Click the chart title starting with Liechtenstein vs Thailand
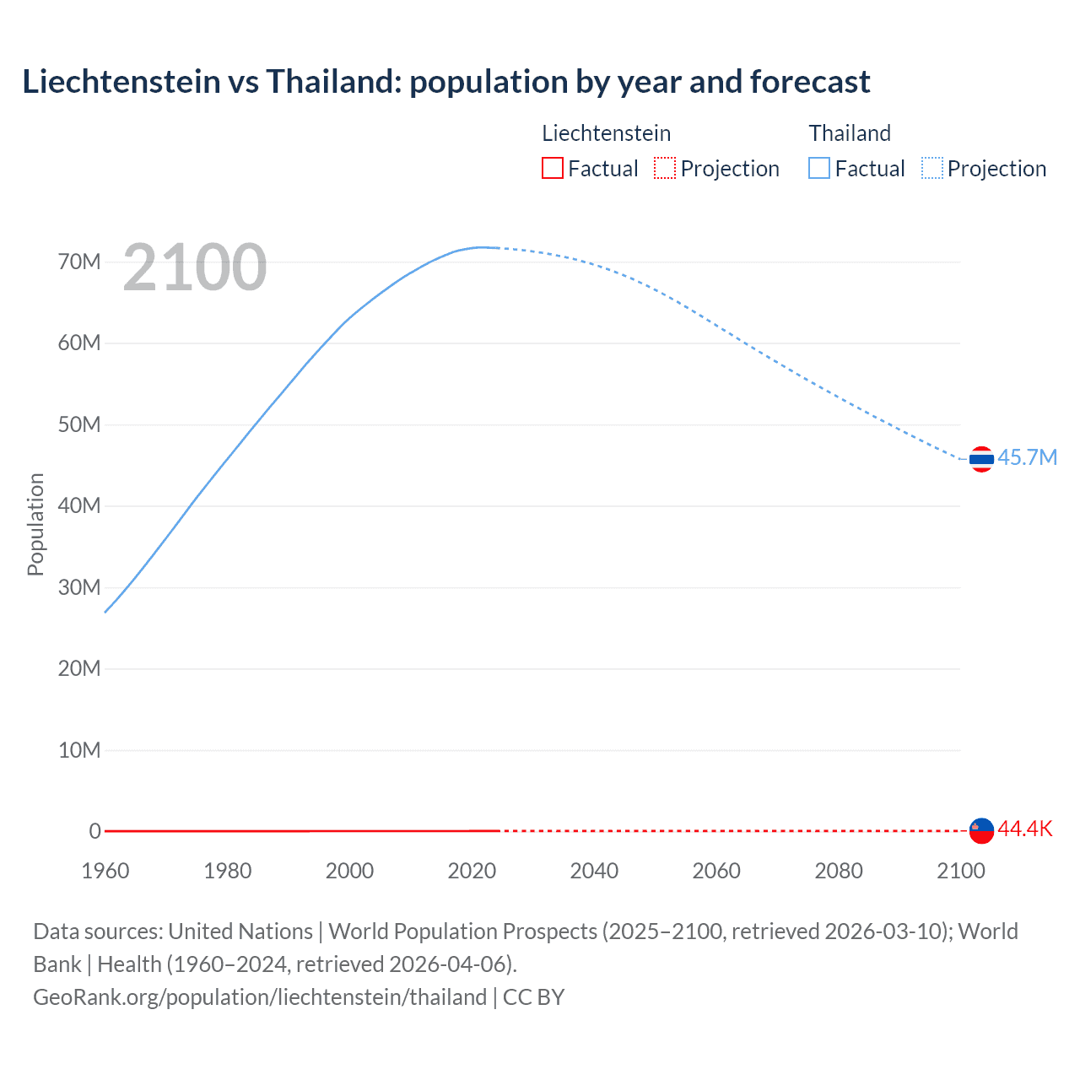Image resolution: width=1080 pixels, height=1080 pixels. click(445, 82)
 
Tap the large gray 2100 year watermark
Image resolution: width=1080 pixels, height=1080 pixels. click(195, 267)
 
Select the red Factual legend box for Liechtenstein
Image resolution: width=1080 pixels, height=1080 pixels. click(553, 168)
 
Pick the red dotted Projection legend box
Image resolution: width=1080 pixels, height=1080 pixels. click(665, 168)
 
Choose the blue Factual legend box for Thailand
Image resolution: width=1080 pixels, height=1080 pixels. click(819, 168)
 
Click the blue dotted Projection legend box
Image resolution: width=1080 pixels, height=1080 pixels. click(932, 168)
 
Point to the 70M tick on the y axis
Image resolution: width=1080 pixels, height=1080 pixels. click(79, 262)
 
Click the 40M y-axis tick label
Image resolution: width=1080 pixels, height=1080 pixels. click(79, 505)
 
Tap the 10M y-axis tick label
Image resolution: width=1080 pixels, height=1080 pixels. click(79, 750)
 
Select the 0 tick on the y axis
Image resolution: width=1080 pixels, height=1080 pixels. click(94, 831)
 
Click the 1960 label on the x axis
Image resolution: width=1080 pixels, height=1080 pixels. click(105, 871)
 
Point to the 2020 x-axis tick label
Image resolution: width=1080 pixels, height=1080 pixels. click(472, 871)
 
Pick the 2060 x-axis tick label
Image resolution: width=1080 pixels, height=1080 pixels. click(716, 871)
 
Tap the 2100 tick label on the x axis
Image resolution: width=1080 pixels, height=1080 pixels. click(960, 871)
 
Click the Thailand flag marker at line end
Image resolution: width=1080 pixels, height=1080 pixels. click(981, 459)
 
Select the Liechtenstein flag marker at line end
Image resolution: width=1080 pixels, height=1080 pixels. click(981, 830)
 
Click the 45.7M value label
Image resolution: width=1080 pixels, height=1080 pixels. click(1027, 457)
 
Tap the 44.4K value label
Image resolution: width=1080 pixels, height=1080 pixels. click(1025, 829)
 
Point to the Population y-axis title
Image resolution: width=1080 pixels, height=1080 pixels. click(35, 524)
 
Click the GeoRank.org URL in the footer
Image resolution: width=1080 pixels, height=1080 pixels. click(260, 996)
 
